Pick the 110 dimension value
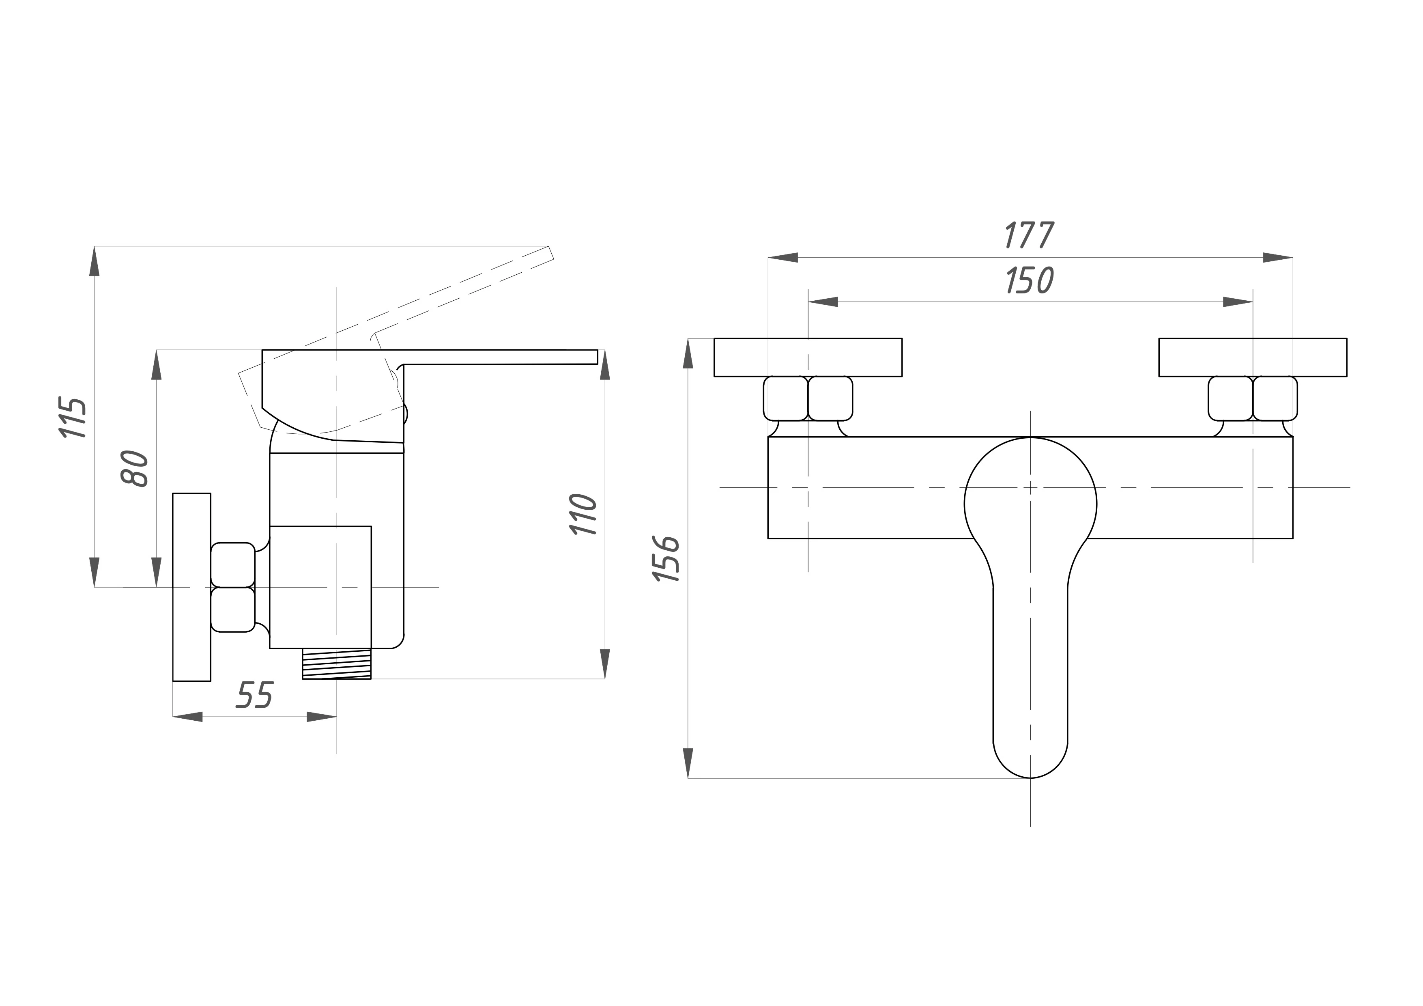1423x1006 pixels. click(x=583, y=515)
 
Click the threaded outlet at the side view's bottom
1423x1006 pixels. click(x=337, y=664)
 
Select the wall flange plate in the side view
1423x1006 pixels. click(x=191, y=587)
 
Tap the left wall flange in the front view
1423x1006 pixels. click(x=808, y=357)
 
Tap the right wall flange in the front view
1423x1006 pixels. click(x=1253, y=357)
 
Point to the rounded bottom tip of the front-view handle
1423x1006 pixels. click(x=1030, y=777)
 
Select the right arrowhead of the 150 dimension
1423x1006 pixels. click(x=1238, y=302)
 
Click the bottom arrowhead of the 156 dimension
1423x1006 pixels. click(x=688, y=763)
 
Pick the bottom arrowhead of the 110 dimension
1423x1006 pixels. click(x=605, y=664)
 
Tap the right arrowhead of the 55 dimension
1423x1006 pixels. click(x=322, y=717)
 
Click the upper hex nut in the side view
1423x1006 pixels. click(x=233, y=564)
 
